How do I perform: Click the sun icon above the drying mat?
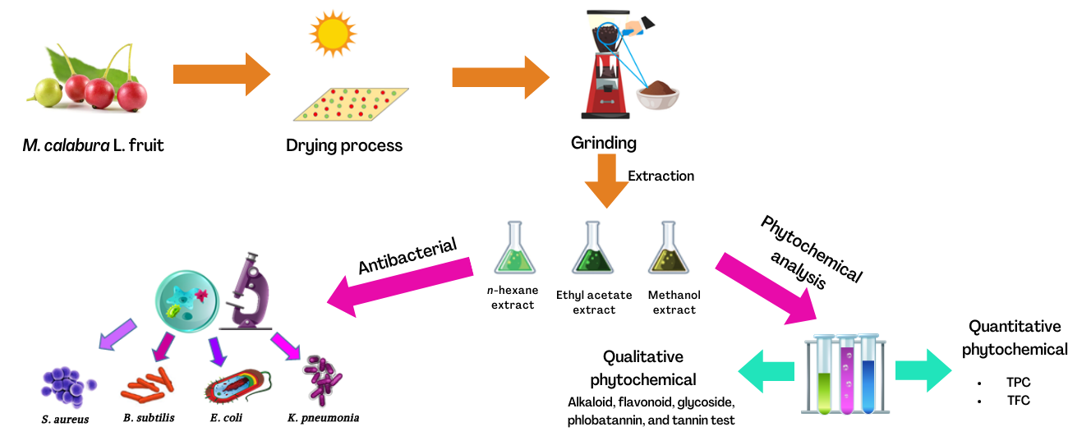pos(334,34)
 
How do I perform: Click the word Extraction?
pos(661,176)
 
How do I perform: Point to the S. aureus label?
pos(65,420)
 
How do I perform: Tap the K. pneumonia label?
pos(323,418)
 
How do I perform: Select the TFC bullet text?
pos(1018,401)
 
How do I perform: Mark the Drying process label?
pos(344,146)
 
